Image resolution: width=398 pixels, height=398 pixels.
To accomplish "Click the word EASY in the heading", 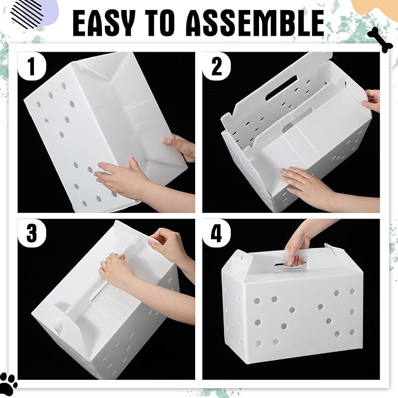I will tap(108, 25).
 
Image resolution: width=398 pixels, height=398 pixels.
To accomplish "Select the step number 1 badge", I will tap(32, 67).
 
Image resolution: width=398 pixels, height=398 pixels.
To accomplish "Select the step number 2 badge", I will tap(216, 67).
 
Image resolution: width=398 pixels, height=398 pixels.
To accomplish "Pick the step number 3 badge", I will tap(32, 233).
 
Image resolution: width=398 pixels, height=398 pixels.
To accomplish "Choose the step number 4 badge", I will tap(216, 233).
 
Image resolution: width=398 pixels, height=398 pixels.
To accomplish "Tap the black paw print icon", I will tap(8, 382).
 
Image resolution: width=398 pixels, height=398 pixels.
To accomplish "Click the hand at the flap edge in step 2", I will tap(371, 100).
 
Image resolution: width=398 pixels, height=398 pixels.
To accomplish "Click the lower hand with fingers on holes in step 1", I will tap(117, 178).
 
